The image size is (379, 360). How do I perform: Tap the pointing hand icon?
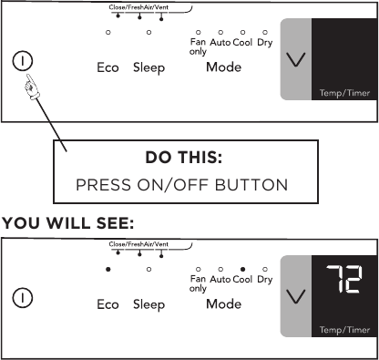[34, 87]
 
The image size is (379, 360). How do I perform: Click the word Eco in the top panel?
[108, 68]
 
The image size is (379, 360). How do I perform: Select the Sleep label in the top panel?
[149, 68]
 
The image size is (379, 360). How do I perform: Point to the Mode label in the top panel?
[223, 68]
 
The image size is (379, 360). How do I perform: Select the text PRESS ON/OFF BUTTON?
[181, 184]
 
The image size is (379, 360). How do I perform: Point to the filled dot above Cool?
[243, 270]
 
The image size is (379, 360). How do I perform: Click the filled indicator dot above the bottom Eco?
[108, 270]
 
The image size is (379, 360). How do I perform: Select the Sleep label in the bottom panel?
[149, 304]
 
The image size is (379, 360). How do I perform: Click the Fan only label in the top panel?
[198, 45]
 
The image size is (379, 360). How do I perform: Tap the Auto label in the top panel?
[220, 41]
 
